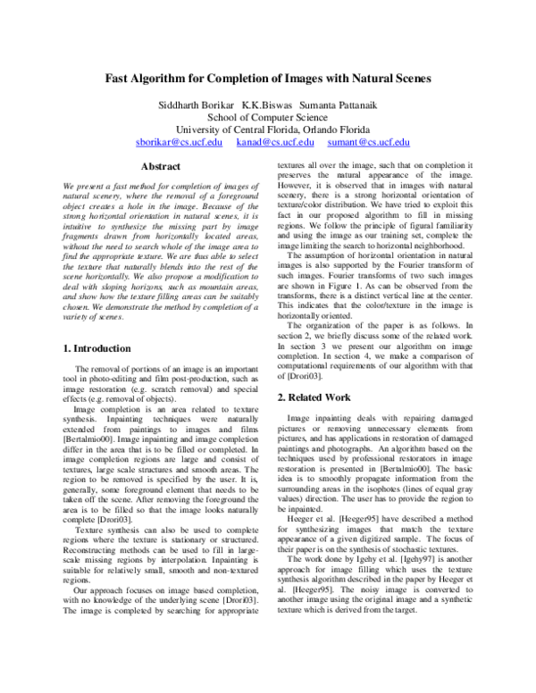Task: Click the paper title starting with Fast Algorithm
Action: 269,79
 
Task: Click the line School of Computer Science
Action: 268,115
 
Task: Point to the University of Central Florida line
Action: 268,129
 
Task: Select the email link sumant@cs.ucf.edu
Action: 369,142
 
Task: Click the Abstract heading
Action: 161,167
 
